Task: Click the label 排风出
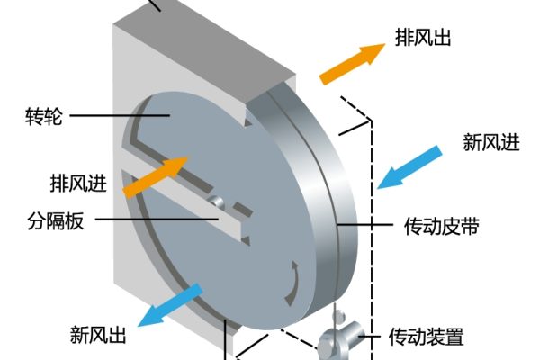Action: [422, 38]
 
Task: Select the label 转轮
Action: [44, 117]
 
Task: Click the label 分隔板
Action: [56, 220]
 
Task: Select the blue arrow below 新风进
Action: [409, 165]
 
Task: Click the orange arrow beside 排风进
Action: [155, 176]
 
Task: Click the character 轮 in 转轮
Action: [53, 117]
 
